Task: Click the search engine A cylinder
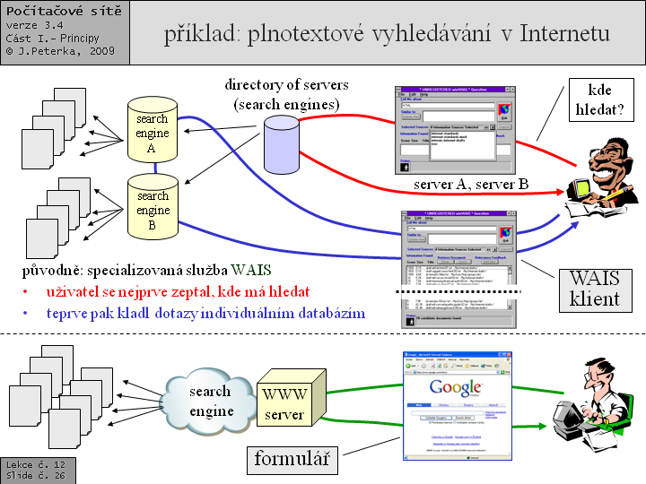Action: pos(153,131)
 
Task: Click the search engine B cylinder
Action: pos(153,208)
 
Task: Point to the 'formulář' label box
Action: pos(291,461)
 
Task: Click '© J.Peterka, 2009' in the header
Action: pos(57,51)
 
